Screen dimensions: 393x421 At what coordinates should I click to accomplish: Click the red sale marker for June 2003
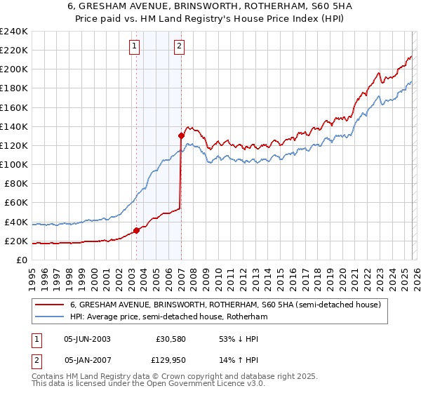(136, 230)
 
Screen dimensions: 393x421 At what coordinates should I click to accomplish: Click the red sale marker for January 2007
(181, 135)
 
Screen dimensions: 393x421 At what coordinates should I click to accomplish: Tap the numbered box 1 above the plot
(134, 47)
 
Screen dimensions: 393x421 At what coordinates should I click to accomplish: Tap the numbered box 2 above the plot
(180, 47)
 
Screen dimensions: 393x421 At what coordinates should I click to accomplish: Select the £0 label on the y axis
(22, 260)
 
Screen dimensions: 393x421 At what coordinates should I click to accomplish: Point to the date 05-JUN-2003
(87, 338)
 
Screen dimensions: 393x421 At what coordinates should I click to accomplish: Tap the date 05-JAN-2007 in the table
(87, 361)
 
